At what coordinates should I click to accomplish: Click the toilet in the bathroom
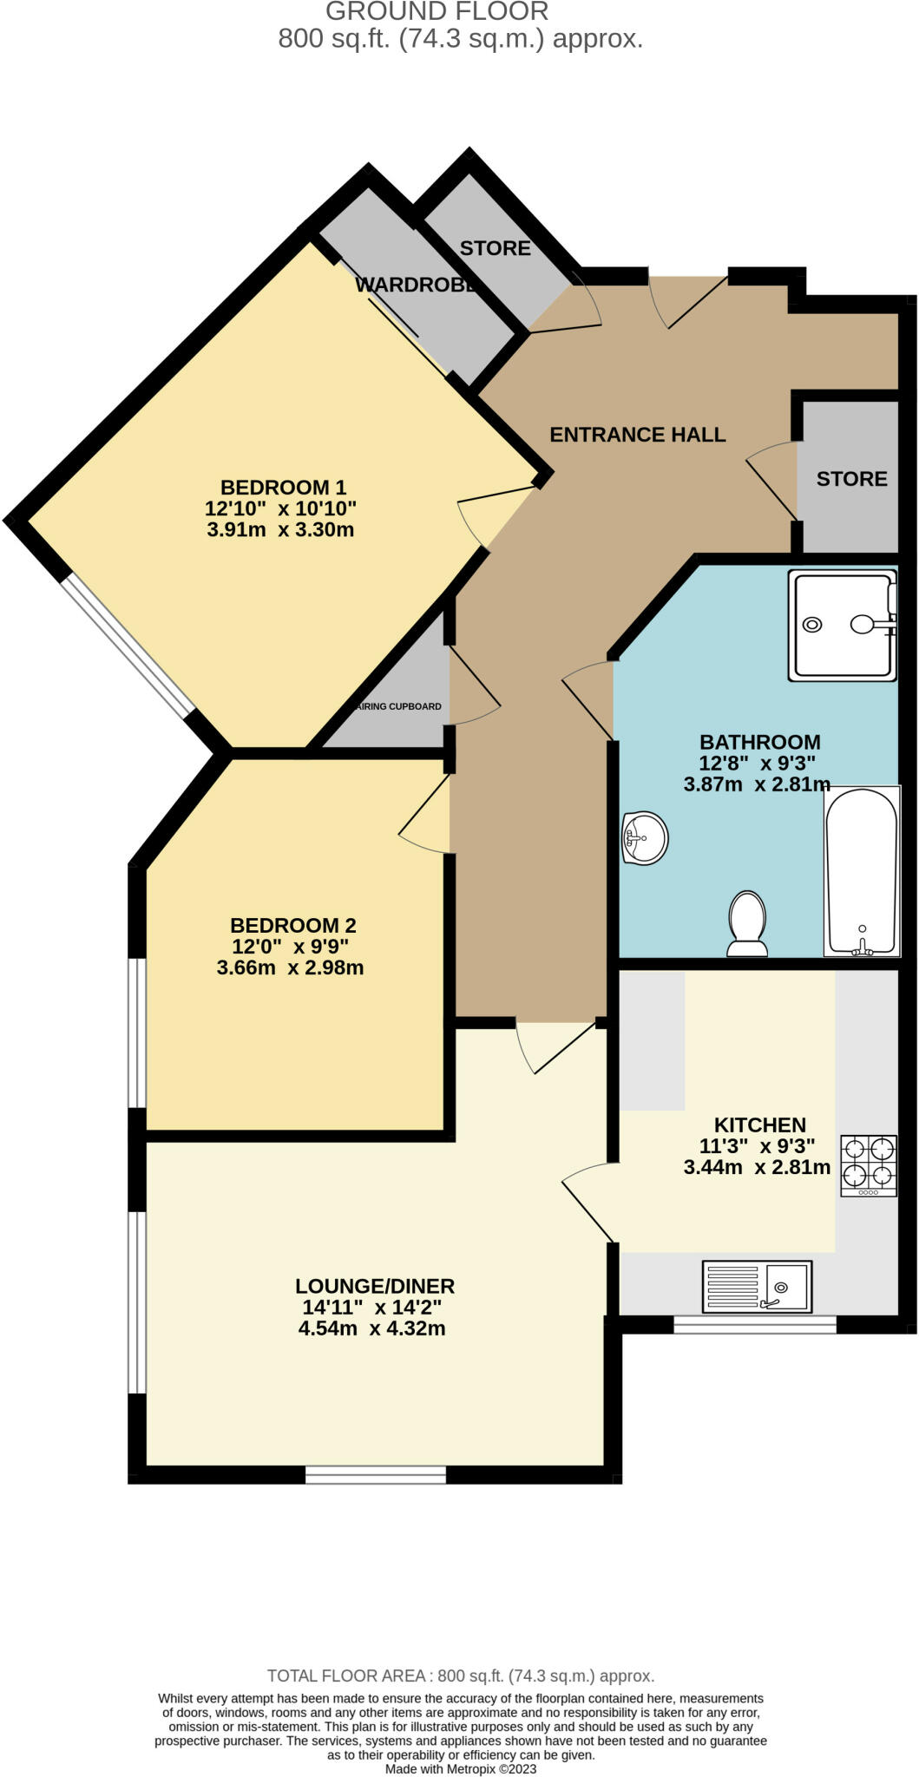point(747,923)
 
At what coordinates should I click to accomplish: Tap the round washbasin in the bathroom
point(645,838)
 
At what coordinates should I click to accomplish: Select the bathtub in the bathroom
point(861,871)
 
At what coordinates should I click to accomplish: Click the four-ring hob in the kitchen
point(868,1165)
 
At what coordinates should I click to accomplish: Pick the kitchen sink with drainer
point(757,1286)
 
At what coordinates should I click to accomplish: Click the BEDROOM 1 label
point(283,487)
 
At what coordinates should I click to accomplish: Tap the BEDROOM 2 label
point(292,925)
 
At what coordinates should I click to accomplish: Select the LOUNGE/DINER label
point(374,1286)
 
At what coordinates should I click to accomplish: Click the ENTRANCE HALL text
point(637,435)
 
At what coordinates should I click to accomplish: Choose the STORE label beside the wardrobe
point(495,248)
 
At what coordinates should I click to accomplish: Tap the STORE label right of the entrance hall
point(851,479)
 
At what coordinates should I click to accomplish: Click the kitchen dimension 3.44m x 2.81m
point(757,1167)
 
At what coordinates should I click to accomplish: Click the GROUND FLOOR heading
point(437,12)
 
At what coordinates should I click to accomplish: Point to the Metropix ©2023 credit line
point(460,1768)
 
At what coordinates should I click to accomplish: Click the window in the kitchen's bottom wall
point(755,1324)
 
